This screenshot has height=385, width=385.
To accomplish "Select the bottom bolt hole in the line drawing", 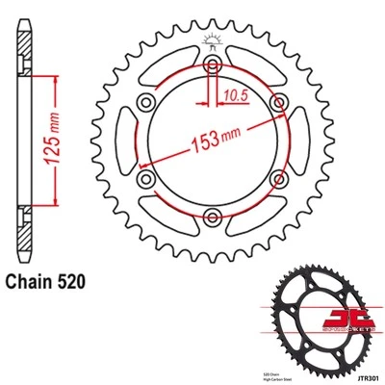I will coord(210,214).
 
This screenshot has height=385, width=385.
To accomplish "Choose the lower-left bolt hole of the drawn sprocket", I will coord(145,177).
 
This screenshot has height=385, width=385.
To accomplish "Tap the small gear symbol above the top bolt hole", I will coord(210,41).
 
